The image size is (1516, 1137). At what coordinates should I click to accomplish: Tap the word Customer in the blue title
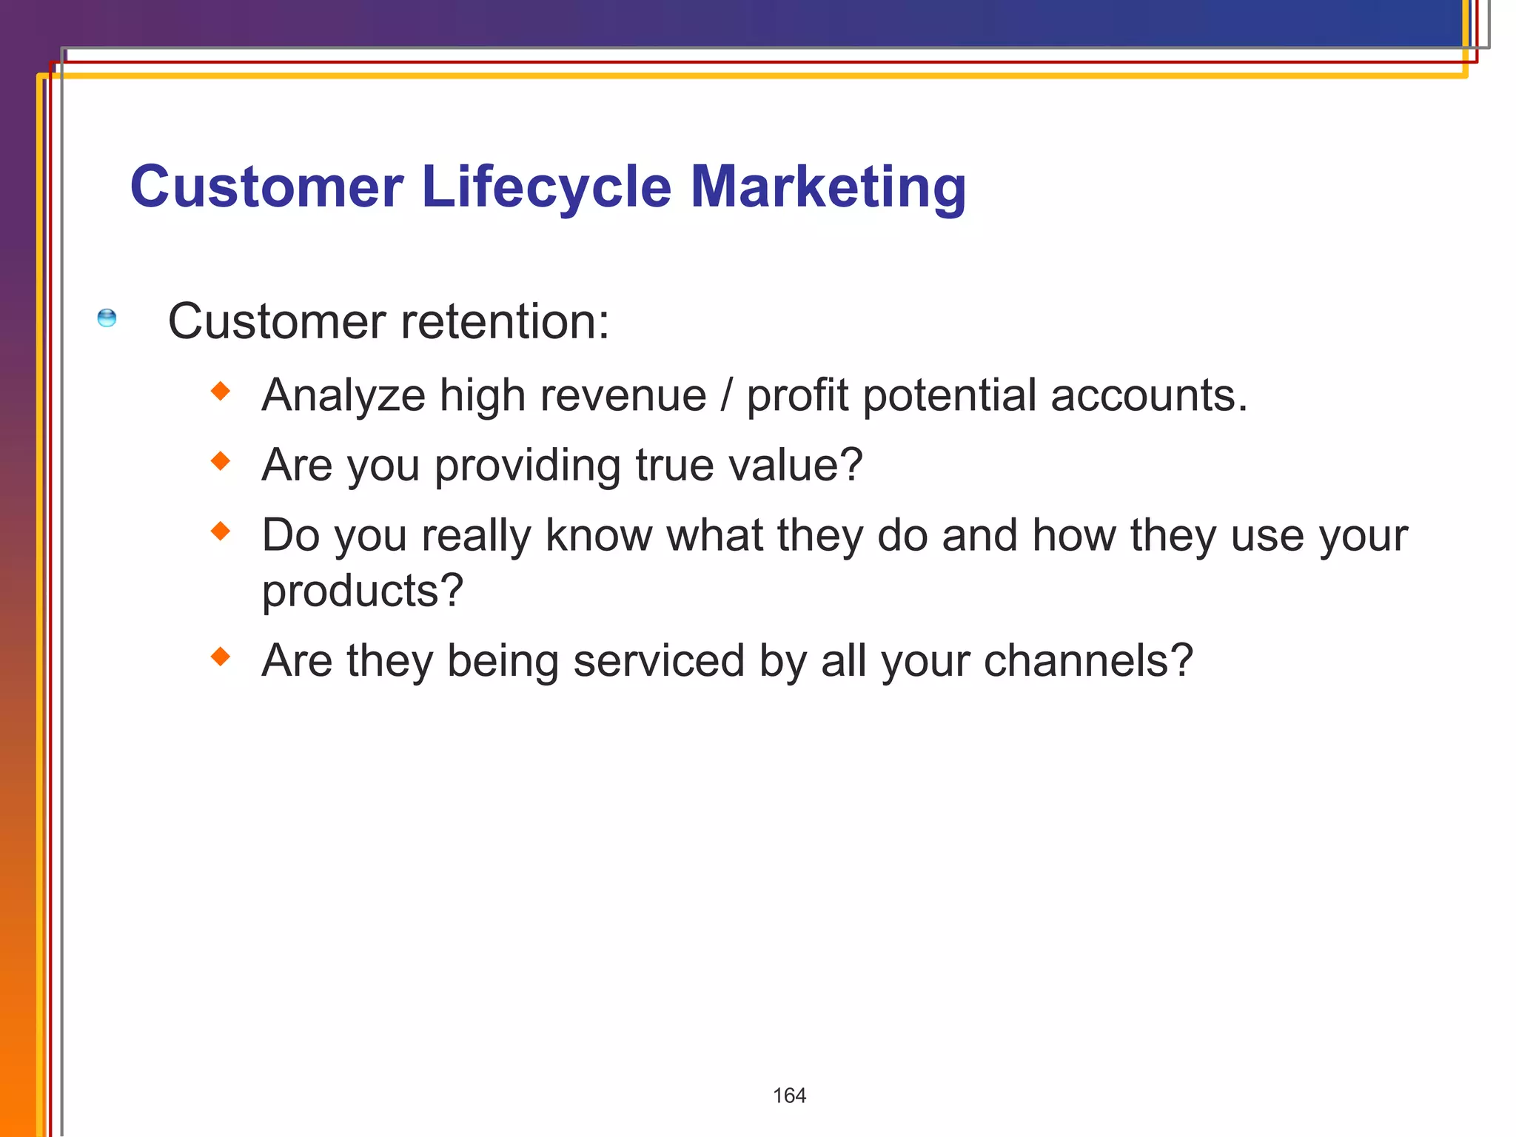[266, 187]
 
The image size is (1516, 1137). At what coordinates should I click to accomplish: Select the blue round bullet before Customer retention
[107, 318]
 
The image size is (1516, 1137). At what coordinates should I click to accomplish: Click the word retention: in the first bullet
[505, 322]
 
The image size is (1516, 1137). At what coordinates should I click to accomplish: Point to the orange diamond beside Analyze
[221, 391]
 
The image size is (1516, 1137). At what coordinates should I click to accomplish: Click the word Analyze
[343, 396]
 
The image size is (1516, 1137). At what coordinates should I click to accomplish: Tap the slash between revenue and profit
[726, 395]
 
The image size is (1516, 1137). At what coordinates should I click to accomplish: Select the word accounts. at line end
[1149, 396]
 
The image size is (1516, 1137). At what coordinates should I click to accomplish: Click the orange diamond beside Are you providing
[221, 461]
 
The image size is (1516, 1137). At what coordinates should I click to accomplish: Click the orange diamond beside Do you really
[221, 531]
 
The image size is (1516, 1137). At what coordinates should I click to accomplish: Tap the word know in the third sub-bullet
[598, 535]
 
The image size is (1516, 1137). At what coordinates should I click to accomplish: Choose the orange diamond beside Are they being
[221, 657]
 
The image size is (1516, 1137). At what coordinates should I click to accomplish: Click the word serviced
[658, 660]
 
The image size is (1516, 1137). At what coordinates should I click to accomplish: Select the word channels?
[1087, 660]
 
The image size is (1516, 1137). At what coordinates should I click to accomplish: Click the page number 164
[789, 1096]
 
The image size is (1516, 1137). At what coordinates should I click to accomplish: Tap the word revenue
[623, 396]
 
